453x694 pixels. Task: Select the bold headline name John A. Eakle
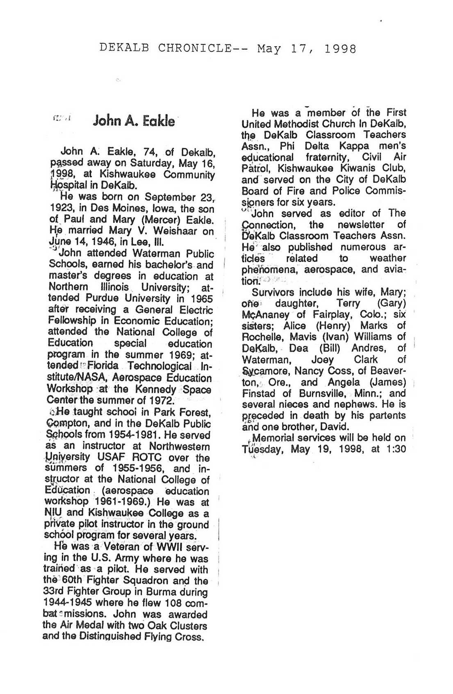[x=134, y=121]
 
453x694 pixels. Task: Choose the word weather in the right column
[x=387, y=258]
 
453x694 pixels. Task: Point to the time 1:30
[x=396, y=448]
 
